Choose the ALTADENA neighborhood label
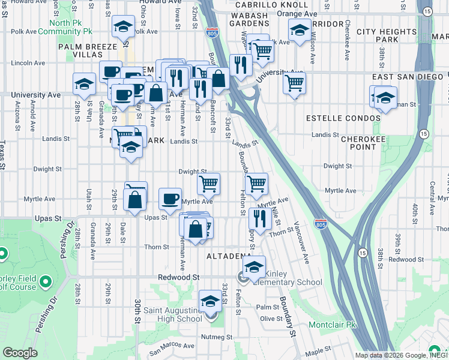tap(229, 256)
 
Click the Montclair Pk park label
tap(333, 325)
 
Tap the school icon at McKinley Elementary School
tap(255, 266)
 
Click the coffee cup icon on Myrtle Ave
tap(170, 198)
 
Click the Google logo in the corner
tap(20, 353)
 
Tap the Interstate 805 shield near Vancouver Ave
tap(321, 225)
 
